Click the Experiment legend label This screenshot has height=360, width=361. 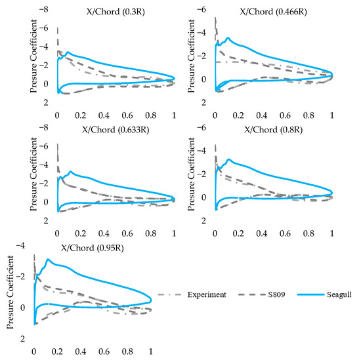coord(207,294)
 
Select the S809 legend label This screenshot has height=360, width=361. coord(276,294)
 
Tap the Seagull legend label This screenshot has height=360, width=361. coord(339,295)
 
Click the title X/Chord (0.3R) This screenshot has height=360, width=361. coord(116,12)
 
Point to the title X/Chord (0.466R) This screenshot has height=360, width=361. coord(273,12)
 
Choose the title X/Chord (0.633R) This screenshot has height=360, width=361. coord(116,130)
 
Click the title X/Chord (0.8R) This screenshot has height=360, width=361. coord(273,130)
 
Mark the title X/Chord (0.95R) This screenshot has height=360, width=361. coord(93,248)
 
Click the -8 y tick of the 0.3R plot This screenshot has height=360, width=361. coord(44,9)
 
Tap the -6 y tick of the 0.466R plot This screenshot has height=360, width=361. coord(202,9)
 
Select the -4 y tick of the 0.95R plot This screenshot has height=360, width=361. coord(20,246)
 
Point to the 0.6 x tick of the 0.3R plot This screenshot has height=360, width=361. coord(127,115)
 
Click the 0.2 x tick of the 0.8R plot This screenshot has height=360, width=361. coord(238,233)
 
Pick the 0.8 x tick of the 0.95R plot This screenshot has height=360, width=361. coord(127,351)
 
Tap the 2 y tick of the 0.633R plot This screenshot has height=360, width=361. coord(46,221)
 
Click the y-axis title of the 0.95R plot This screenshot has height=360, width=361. coord(10,292)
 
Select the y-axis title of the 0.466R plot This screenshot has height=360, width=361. coord(191,56)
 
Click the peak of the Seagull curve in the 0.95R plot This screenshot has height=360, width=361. coord(48,259)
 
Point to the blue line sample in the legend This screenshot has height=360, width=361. coord(310,294)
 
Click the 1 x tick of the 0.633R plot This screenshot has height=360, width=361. coord(174,233)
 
